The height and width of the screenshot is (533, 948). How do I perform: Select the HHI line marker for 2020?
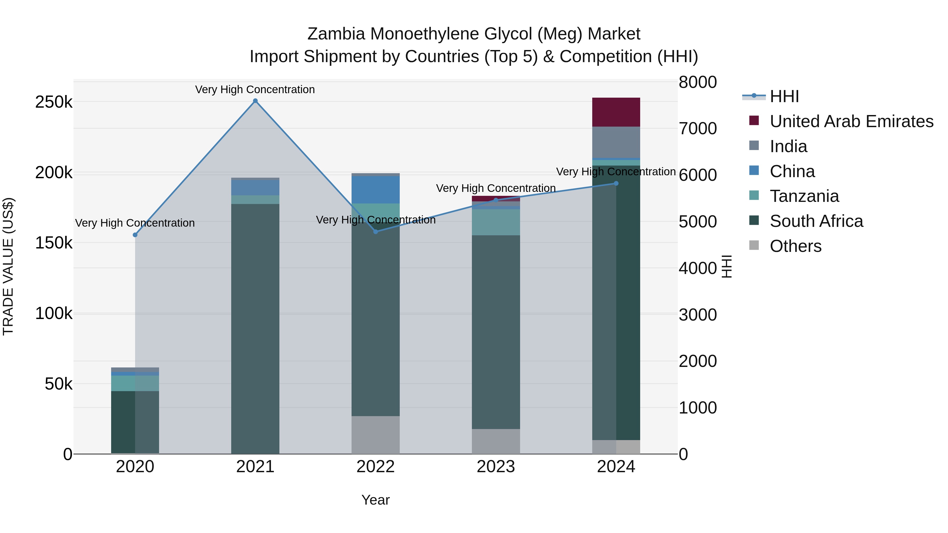click(x=135, y=235)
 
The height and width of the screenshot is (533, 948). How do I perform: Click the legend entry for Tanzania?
click(x=804, y=196)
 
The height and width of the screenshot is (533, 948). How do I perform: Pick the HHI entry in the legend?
click(x=784, y=96)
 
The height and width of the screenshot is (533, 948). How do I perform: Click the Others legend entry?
click(x=795, y=246)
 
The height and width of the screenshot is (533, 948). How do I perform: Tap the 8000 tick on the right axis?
click(x=697, y=82)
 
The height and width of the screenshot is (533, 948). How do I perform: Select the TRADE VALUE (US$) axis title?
click(x=8, y=266)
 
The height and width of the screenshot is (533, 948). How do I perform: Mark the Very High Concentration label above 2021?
click(x=255, y=89)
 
